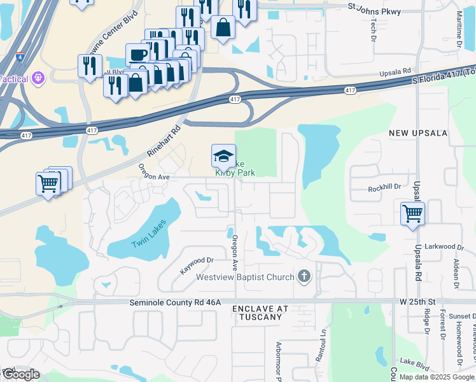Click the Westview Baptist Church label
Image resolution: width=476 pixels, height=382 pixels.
pos(245,277)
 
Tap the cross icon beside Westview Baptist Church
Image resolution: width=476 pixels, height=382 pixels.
pos(305,276)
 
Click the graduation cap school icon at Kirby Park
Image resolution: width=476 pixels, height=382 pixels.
pos(223,157)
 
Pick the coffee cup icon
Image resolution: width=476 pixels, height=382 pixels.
pos(137,55)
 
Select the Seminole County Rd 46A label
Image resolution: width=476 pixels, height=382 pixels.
pos(174,302)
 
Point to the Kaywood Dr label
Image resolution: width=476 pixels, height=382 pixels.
pos(195,265)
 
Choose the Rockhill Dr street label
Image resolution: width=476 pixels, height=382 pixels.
pos(384,188)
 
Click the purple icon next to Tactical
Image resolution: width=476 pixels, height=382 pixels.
pos(38,78)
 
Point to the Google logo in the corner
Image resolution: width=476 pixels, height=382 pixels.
pos(20,374)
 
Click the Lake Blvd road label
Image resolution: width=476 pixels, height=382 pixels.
pos(414,365)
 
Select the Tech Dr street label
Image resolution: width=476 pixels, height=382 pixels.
pos(374,26)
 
